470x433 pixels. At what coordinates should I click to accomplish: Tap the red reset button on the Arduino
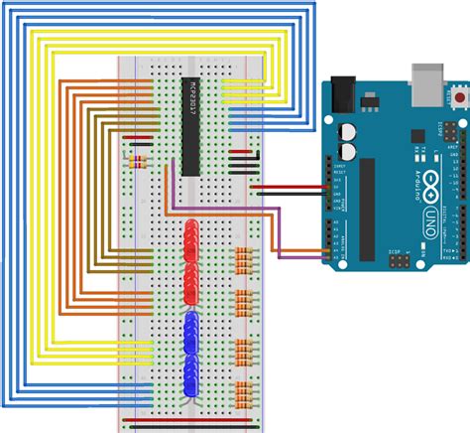click(460, 96)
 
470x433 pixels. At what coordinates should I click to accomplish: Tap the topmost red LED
click(191, 230)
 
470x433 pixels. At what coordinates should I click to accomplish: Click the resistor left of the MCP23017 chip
click(136, 159)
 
